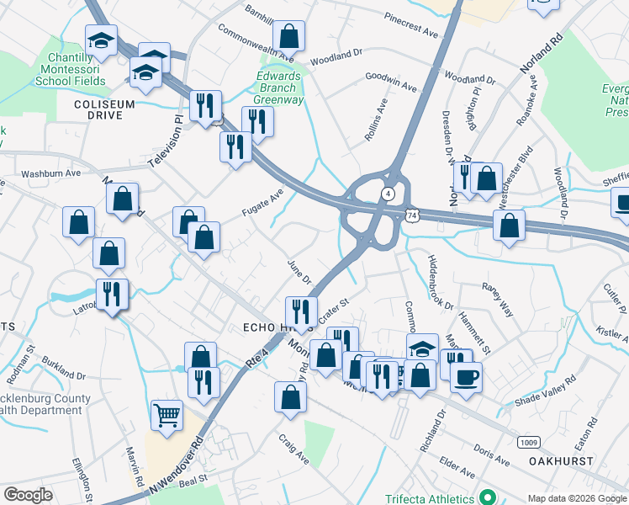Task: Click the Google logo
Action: point(28,495)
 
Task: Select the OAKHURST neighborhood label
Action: point(561,461)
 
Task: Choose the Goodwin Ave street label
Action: point(390,81)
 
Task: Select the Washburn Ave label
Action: point(50,173)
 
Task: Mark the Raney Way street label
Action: point(497,298)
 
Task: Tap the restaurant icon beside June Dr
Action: point(301,312)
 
